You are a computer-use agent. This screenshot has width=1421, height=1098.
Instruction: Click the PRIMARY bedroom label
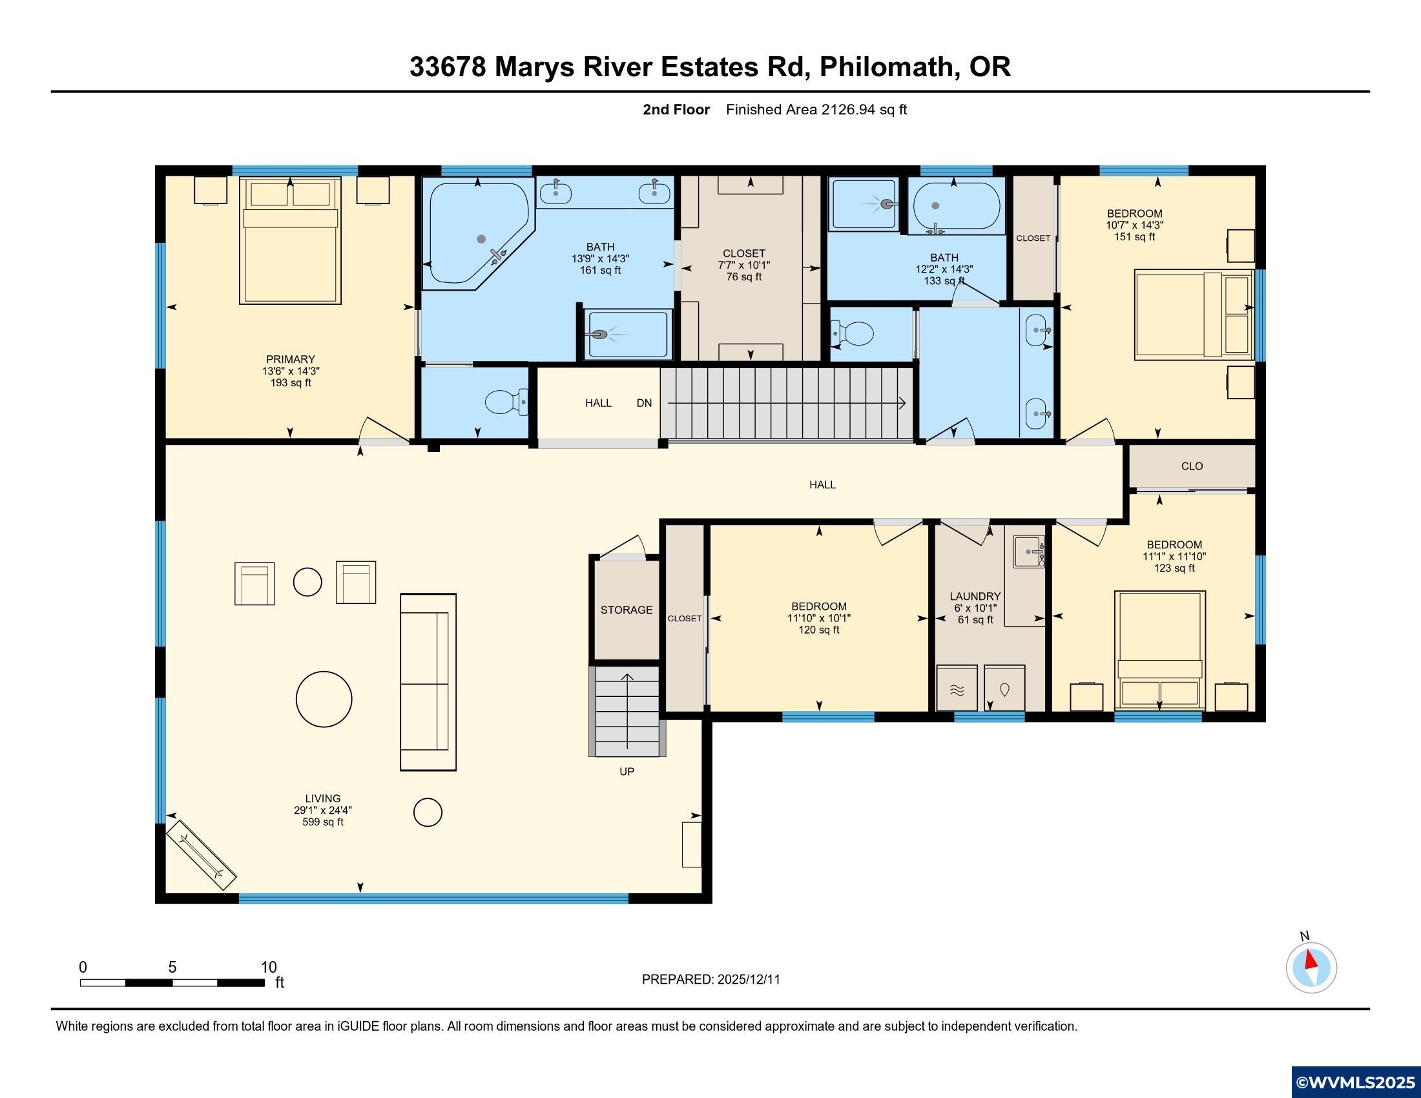[x=290, y=359]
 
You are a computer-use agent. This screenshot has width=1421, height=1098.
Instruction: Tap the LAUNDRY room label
[x=975, y=596]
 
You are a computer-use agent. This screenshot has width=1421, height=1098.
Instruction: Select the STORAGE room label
[x=626, y=610]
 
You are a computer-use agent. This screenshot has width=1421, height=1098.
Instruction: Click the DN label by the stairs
[x=643, y=403]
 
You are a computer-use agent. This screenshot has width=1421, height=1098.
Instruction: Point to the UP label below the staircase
[x=626, y=771]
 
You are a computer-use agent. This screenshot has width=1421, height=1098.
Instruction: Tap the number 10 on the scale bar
[x=268, y=968]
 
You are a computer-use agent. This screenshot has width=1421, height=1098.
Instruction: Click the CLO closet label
[x=1191, y=466]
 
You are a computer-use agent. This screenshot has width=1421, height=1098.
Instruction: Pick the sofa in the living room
[x=428, y=681]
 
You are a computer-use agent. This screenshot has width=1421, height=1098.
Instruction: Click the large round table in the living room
[x=324, y=699]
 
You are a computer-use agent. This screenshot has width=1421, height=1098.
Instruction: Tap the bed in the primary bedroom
[x=290, y=241]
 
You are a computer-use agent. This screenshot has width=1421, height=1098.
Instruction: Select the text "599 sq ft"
[x=323, y=822]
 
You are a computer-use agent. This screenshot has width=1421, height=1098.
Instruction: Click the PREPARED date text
[x=710, y=980]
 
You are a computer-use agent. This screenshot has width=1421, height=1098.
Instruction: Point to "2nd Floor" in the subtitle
[x=676, y=110]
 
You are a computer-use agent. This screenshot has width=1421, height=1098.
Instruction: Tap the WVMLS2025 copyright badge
[x=1355, y=1082]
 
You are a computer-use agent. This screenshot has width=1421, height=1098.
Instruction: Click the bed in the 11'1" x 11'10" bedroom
[x=1159, y=650]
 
